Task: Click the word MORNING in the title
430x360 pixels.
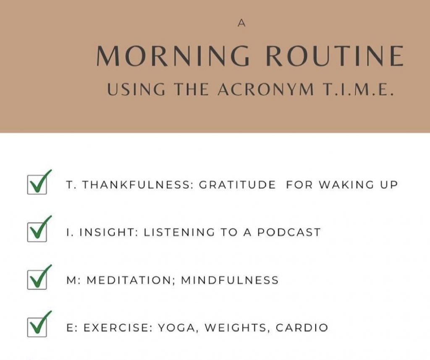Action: [x=173, y=56]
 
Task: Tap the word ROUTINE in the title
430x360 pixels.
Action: [x=335, y=56]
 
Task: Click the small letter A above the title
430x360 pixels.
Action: [x=241, y=23]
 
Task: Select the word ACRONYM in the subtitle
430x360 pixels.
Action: [x=266, y=89]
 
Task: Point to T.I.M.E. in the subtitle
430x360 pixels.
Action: [x=358, y=89]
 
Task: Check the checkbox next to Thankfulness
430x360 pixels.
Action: [x=37, y=185]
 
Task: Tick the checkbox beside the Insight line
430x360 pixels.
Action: [x=37, y=232]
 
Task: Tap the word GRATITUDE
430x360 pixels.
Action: [x=237, y=185]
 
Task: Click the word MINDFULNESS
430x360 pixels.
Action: [x=230, y=280]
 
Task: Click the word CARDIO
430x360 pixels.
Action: [x=302, y=328]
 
